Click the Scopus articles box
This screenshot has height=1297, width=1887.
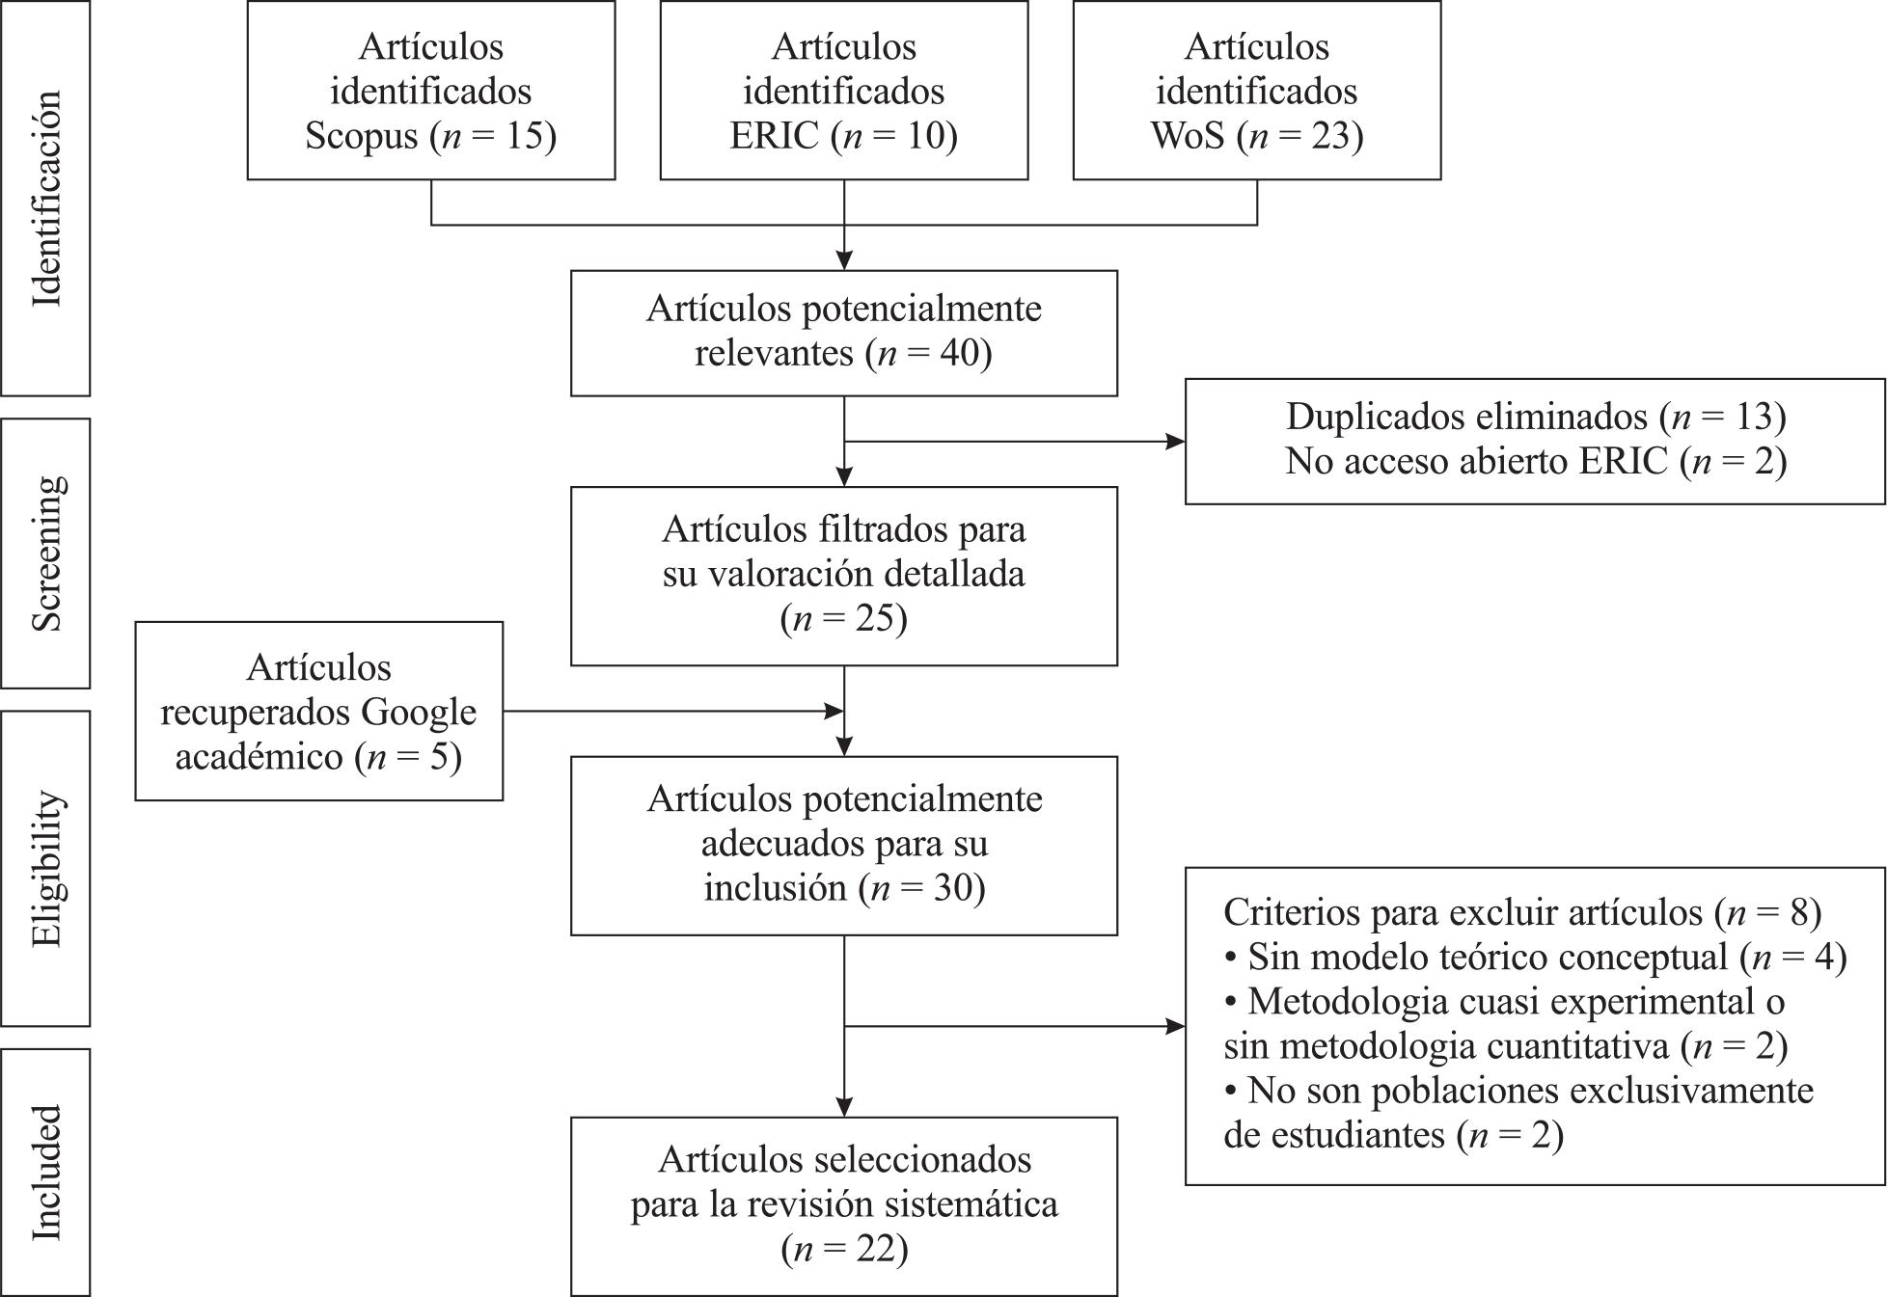point(431,90)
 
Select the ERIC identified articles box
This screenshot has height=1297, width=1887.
point(844,90)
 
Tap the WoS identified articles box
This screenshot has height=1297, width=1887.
point(1257,90)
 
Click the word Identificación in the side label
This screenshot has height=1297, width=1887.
point(46,199)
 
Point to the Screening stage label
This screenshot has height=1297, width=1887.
point(46,554)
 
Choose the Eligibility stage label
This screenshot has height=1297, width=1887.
point(46,869)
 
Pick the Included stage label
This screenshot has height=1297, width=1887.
point(46,1173)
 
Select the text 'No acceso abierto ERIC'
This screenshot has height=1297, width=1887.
point(1476,461)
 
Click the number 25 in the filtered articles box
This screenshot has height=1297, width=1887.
point(873,618)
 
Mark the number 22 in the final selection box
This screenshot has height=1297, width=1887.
point(874,1249)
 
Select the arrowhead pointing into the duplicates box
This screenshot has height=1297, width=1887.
point(1176,442)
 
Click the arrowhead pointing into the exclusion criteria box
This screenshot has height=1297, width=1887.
point(1176,1026)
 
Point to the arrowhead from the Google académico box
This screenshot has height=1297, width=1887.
point(834,712)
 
